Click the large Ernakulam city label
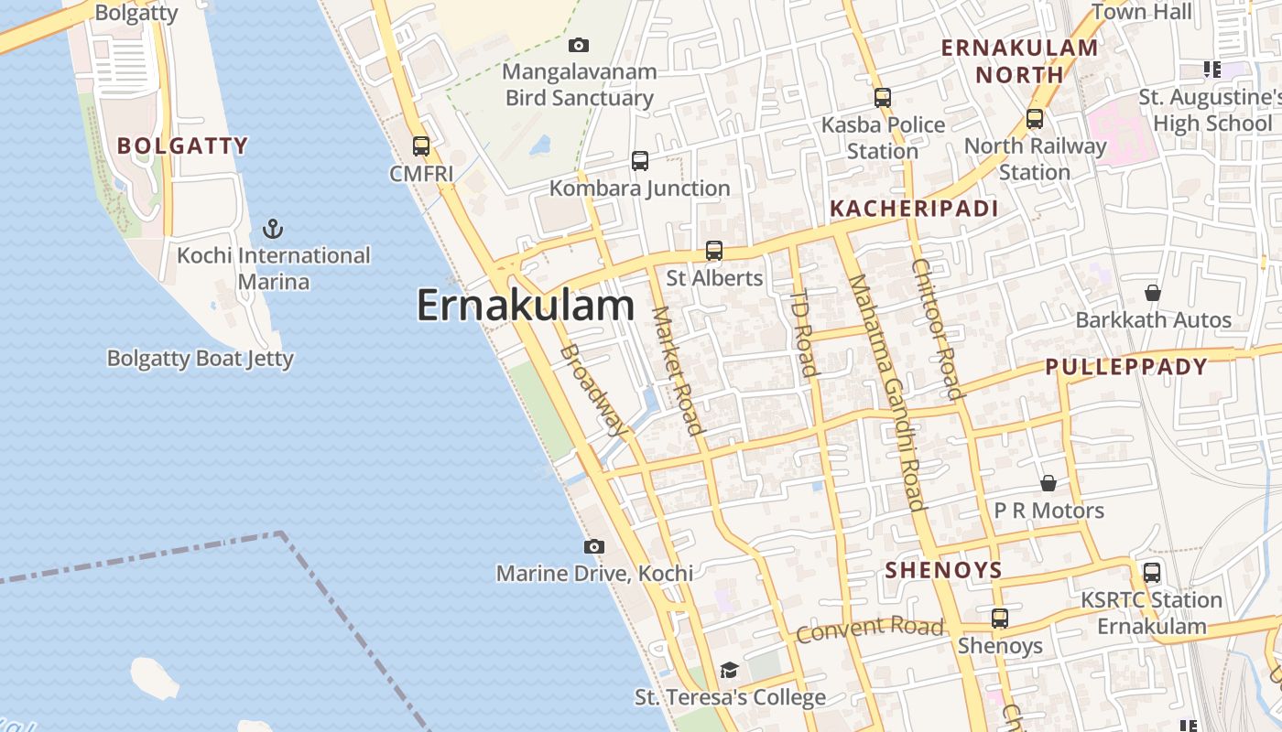(525, 306)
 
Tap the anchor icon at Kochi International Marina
(272, 228)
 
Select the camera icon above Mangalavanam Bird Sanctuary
(579, 45)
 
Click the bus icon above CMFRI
(421, 145)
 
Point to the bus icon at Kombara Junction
(640, 161)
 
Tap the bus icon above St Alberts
(714, 250)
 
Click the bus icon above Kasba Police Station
(883, 97)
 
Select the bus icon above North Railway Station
(1035, 118)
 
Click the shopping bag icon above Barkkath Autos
(1153, 293)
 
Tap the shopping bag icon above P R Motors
(1048, 482)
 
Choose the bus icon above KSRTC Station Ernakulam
(1152, 573)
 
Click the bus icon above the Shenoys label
(1000, 619)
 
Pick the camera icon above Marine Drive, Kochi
(594, 546)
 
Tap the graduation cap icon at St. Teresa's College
(729, 671)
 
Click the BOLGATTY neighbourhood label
(183, 145)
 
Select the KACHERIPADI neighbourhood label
(914, 209)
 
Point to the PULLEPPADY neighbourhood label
(1126, 367)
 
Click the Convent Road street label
(869, 629)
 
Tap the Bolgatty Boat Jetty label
(201, 358)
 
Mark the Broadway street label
(594, 390)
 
